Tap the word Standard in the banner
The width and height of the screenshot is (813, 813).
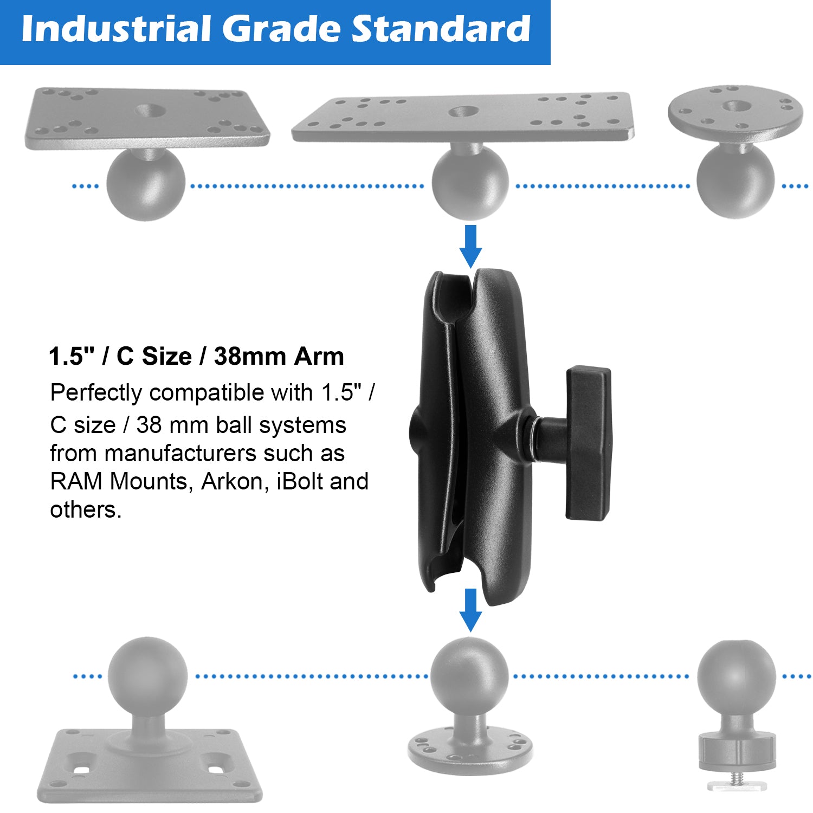pos(441,29)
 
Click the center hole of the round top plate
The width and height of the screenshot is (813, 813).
pos(735,107)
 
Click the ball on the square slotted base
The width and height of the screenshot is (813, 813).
pos(147,675)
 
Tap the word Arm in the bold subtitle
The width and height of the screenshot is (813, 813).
pos(319,357)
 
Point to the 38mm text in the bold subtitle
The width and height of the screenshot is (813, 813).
pos(250,357)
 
